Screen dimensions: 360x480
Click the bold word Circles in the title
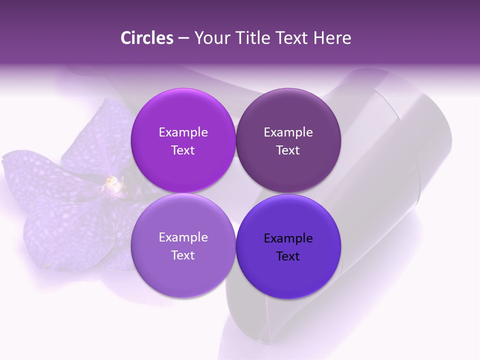[146, 38]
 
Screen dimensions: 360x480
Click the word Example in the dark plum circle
[288, 132]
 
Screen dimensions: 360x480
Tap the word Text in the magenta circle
[183, 150]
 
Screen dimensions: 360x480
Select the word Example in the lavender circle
[183, 237]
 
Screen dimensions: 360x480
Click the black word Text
[288, 256]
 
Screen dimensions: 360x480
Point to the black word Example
[288, 238]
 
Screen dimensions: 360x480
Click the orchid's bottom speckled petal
[65, 230]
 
